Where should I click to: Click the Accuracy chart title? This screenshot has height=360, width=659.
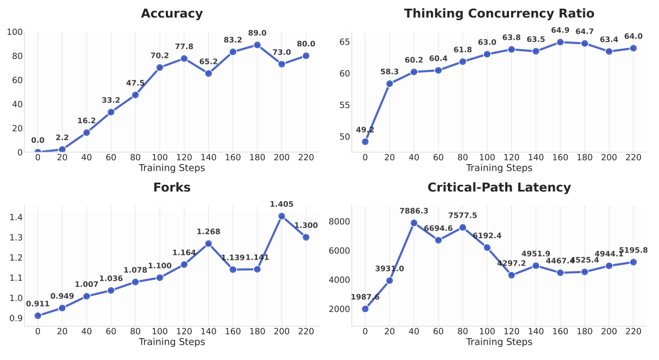pos(172,14)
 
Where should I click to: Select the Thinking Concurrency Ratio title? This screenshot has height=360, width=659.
pos(499,14)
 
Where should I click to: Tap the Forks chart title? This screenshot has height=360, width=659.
pos(172,188)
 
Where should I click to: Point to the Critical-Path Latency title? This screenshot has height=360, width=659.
pos(499,188)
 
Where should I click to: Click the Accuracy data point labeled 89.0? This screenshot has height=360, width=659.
pos(257,45)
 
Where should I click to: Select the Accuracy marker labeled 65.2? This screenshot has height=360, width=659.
pos(208,74)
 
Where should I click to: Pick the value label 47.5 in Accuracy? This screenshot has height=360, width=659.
pos(135,83)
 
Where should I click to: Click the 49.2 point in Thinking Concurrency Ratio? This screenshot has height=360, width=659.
pos(365,142)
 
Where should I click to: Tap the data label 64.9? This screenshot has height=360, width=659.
pos(560,30)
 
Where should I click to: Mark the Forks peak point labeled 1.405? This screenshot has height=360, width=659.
pos(281,216)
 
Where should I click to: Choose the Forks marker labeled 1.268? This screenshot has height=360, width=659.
pos(208,244)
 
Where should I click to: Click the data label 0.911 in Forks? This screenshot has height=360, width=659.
pos(38,304)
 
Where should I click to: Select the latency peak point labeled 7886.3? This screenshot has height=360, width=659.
pos(414,223)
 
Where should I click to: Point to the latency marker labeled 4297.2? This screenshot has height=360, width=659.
pos(511,275)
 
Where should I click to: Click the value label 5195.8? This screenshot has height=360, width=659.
pos(633,250)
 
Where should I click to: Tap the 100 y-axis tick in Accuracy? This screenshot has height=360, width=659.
pos(15,32)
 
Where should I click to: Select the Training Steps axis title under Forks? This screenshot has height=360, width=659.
pos(172,342)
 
